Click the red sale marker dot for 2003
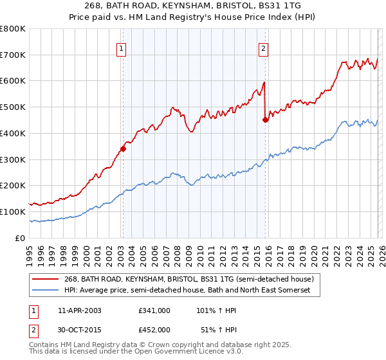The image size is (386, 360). [123, 148]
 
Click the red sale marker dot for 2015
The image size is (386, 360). [266, 120]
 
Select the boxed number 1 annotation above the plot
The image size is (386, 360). [122, 47]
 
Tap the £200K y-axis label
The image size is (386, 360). [13, 186]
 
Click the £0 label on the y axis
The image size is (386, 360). [21, 238]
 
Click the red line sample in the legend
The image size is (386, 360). [46, 280]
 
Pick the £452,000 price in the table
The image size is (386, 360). [154, 329]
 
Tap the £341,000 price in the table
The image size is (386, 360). [154, 310]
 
